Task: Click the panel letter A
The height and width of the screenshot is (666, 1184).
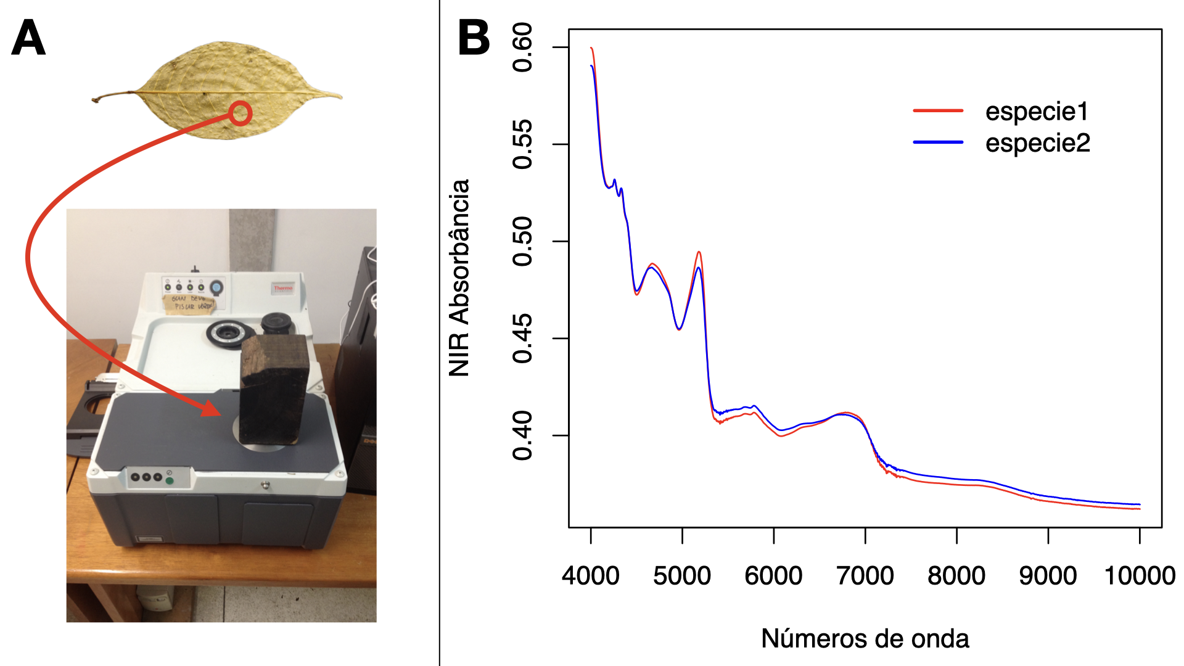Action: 28,38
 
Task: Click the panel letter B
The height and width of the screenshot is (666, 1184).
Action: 474,38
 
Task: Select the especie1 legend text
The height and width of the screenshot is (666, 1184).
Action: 1037,112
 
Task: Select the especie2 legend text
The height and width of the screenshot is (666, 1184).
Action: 1037,143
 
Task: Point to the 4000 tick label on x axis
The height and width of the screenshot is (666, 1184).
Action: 590,576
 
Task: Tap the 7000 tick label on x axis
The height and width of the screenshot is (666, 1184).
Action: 865,576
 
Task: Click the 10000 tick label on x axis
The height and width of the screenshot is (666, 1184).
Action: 1139,576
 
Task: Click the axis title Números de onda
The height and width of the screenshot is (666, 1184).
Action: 865,639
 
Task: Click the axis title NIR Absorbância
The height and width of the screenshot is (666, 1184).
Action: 459,277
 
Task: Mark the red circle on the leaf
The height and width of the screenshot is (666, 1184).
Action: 240,113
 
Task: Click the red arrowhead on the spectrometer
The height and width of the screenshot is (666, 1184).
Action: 210,409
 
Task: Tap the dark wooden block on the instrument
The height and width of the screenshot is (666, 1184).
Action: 273,388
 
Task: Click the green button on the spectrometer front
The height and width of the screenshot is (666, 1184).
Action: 170,480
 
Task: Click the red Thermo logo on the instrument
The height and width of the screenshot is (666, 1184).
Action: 283,288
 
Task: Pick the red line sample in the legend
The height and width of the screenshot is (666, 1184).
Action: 938,111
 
